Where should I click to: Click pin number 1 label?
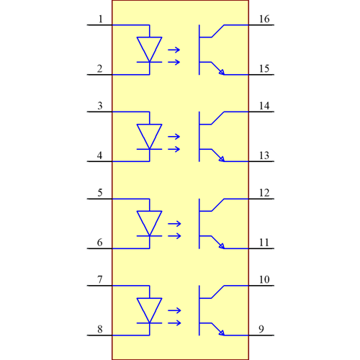(x=100, y=19)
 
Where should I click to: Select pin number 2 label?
(x=100, y=69)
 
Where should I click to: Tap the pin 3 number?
(x=100, y=106)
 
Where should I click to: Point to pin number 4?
(x=100, y=156)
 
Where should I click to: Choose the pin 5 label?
(x=100, y=193)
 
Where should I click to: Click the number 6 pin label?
(x=100, y=243)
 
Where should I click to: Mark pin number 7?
(x=100, y=279)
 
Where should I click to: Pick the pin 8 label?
(x=100, y=330)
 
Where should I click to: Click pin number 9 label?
(x=261, y=330)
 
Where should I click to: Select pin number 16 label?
(x=264, y=19)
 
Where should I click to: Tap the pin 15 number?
(x=264, y=69)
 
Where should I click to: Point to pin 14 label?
(x=264, y=106)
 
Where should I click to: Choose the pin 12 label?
(x=264, y=193)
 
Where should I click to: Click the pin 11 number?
(x=264, y=243)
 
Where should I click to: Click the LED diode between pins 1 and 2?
(x=149, y=49)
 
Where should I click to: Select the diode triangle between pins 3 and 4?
(x=149, y=136)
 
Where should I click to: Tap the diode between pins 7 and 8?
(x=149, y=310)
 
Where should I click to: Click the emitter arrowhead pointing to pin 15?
(x=221, y=71)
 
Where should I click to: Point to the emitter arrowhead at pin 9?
(x=221, y=332)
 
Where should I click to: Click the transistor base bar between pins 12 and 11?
(x=199, y=223)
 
